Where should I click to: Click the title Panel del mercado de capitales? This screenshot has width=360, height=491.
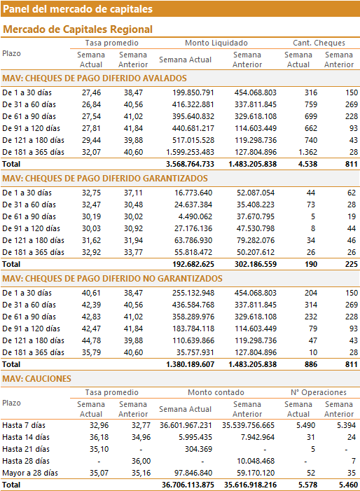coord(78,9)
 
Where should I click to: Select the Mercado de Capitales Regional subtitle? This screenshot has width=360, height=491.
coord(78,29)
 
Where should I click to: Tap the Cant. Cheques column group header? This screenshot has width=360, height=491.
coord(319,43)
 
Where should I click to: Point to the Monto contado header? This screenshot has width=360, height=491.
coord(216,392)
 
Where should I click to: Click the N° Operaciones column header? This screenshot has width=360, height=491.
coord(319,392)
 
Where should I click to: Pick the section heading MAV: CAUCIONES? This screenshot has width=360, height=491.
coord(36,379)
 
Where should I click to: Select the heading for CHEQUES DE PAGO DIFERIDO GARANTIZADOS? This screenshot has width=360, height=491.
coord(105,178)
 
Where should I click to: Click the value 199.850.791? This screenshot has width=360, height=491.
coord(193,92)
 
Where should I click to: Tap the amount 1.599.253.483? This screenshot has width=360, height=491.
coord(190,152)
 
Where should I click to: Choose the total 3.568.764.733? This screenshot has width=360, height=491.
coord(190,164)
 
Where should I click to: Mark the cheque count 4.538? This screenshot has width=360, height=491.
coord(307,164)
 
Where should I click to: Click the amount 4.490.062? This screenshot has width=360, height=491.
coord(195,216)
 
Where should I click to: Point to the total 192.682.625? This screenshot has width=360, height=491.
coord(193,264)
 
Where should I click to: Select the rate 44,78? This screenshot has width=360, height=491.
coord(92,340)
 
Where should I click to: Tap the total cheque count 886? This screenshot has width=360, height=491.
coord(311,364)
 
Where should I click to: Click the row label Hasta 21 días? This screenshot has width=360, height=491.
coord(26,449)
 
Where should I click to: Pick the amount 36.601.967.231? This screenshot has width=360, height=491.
coord(186,425)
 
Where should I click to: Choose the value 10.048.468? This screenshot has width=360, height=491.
coord(256,461)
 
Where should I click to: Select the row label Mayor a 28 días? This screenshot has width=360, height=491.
coord(30,473)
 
